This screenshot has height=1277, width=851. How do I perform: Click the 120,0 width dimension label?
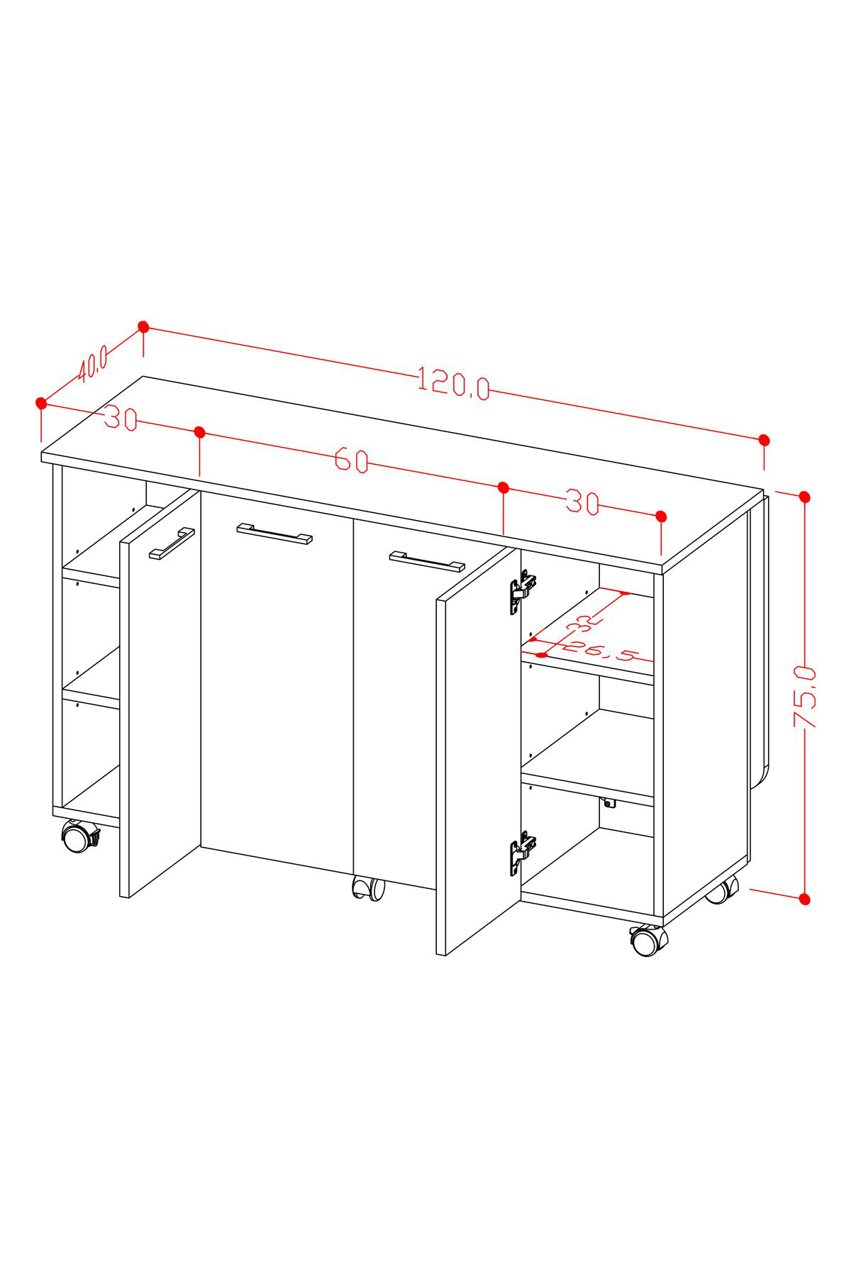[x=454, y=383]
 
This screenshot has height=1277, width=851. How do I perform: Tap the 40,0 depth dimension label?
[x=93, y=363]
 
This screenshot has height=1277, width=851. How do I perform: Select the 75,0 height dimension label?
[x=806, y=697]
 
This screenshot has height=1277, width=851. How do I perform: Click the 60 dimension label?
[x=352, y=460]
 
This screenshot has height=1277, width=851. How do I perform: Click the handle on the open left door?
[x=172, y=543]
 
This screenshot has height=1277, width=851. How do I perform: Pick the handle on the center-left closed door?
[x=274, y=534]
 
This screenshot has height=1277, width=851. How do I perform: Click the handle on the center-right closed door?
[x=427, y=561]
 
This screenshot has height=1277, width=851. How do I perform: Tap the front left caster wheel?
[x=79, y=836]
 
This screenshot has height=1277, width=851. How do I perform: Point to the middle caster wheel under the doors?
[x=369, y=889]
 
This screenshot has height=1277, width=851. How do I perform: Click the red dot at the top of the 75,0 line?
[x=804, y=497]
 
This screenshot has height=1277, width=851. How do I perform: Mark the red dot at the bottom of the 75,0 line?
[x=804, y=899]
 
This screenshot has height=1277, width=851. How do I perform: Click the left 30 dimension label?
[x=121, y=419]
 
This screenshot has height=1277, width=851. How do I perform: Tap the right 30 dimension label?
[x=583, y=503]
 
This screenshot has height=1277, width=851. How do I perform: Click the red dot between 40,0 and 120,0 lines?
[x=143, y=327]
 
